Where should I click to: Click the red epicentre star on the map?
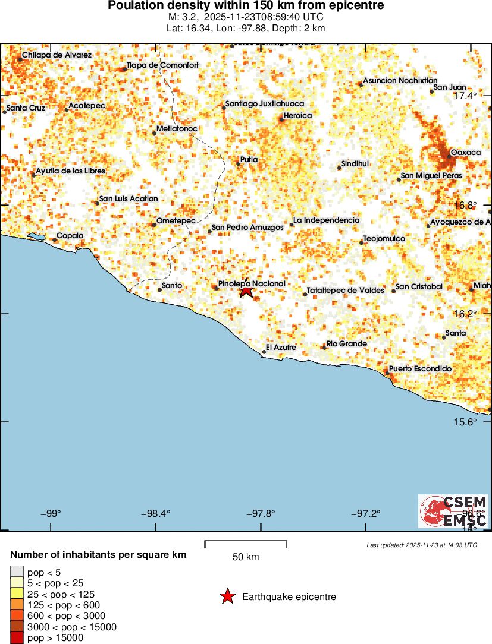246,291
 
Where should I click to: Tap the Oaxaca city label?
465,153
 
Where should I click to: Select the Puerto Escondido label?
420,369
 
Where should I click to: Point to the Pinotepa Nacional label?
252,284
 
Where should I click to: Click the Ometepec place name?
176,220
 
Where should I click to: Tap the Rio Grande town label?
346,343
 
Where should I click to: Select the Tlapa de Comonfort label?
162,65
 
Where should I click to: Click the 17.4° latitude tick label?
465,96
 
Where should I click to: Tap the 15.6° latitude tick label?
465,422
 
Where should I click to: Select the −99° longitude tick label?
51,513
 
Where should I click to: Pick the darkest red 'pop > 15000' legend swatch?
16,637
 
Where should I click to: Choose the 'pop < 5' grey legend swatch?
16,573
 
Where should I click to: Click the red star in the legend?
227,596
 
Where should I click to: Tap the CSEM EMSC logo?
453,511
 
